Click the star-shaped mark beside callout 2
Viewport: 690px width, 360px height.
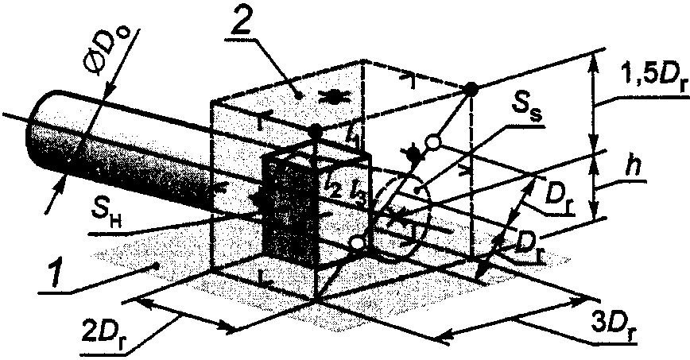coord(332,98)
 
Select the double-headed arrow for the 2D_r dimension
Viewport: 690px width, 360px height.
coord(185,314)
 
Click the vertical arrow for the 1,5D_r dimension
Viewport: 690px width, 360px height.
coord(593,101)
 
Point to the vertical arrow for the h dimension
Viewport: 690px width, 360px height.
coord(595,184)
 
